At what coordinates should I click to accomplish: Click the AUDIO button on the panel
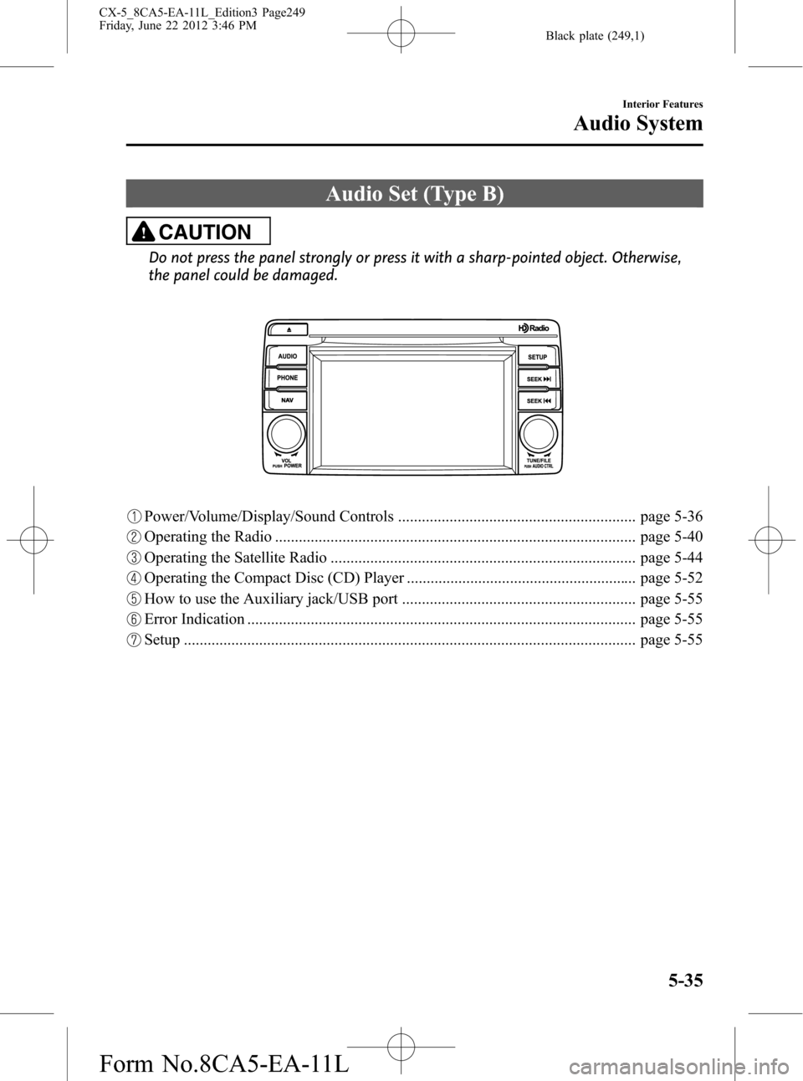click(x=288, y=356)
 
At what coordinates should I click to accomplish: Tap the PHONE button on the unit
click(x=288, y=378)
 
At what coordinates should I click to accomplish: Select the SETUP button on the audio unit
click(x=538, y=357)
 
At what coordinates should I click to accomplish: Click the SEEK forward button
click(x=538, y=380)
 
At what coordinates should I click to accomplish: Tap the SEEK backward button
click(x=538, y=401)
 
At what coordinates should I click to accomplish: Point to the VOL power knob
click(x=286, y=434)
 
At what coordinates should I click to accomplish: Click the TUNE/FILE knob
click(x=538, y=434)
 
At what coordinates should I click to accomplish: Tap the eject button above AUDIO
click(x=288, y=329)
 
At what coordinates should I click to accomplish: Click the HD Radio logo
click(x=534, y=329)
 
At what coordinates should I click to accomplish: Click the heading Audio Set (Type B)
click(x=414, y=194)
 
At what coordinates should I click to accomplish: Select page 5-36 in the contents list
click(x=671, y=517)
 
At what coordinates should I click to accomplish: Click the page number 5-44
click(x=671, y=558)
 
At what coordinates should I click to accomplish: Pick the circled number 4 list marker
click(x=135, y=579)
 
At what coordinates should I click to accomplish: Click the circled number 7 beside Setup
click(x=135, y=640)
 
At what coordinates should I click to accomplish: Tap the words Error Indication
click(x=194, y=620)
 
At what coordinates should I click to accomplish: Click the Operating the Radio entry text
click(x=207, y=537)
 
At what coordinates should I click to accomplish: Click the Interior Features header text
click(x=662, y=104)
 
